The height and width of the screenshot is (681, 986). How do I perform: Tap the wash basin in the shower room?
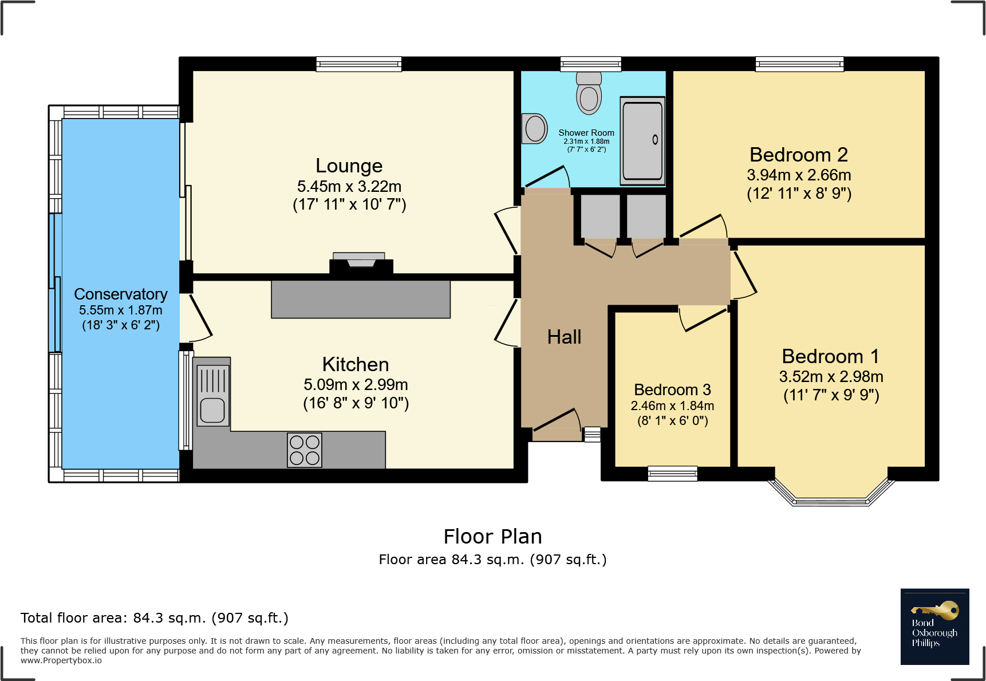tap(535, 128)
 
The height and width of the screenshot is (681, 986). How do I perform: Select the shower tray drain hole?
tap(655, 139)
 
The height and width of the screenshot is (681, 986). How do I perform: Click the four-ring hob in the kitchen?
tap(305, 450)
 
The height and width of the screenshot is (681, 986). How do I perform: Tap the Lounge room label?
tap(349, 166)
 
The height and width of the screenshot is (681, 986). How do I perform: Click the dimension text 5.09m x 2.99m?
tap(356, 384)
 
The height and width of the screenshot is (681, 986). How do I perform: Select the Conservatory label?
tap(120, 294)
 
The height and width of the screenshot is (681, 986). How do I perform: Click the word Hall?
tap(564, 337)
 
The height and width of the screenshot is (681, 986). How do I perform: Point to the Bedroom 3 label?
tap(672, 389)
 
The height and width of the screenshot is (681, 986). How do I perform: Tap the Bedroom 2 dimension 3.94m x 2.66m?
tap(799, 175)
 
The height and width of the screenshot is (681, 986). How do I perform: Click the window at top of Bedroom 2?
tap(799, 64)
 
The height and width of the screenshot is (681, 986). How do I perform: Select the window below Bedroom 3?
tap(672, 473)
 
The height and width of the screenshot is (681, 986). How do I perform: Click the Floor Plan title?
tap(492, 537)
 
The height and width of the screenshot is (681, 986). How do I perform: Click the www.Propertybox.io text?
tap(61, 660)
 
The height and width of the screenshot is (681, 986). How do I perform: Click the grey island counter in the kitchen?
tap(361, 299)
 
